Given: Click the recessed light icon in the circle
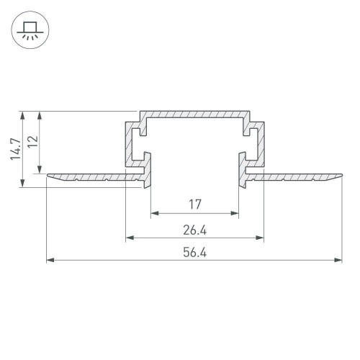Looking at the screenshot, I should tap(29, 32).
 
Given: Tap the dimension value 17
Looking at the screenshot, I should tap(194, 204).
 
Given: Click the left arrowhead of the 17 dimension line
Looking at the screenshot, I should tap(153, 214).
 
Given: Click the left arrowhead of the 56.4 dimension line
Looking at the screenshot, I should tap(49, 261).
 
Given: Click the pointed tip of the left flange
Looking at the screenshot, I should tap(47, 174).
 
